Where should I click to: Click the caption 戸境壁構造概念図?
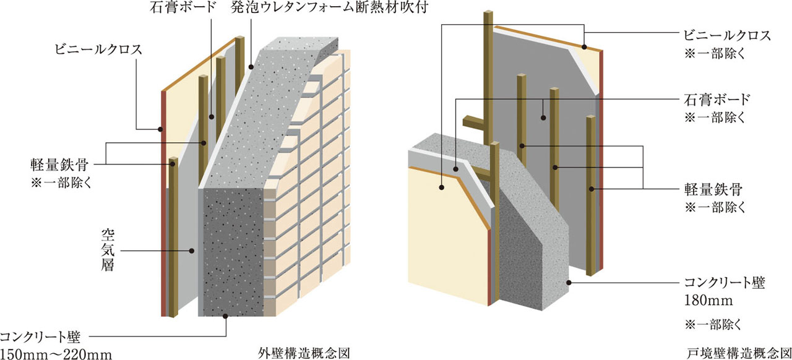pyautogui.click(x=739, y=353)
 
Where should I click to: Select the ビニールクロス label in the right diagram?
pyautogui.click(x=726, y=35)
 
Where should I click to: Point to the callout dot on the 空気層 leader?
pyautogui.click(x=192, y=251)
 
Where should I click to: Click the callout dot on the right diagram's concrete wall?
pyautogui.click(x=569, y=283)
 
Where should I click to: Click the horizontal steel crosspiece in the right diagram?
pyautogui.click(x=473, y=121)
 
